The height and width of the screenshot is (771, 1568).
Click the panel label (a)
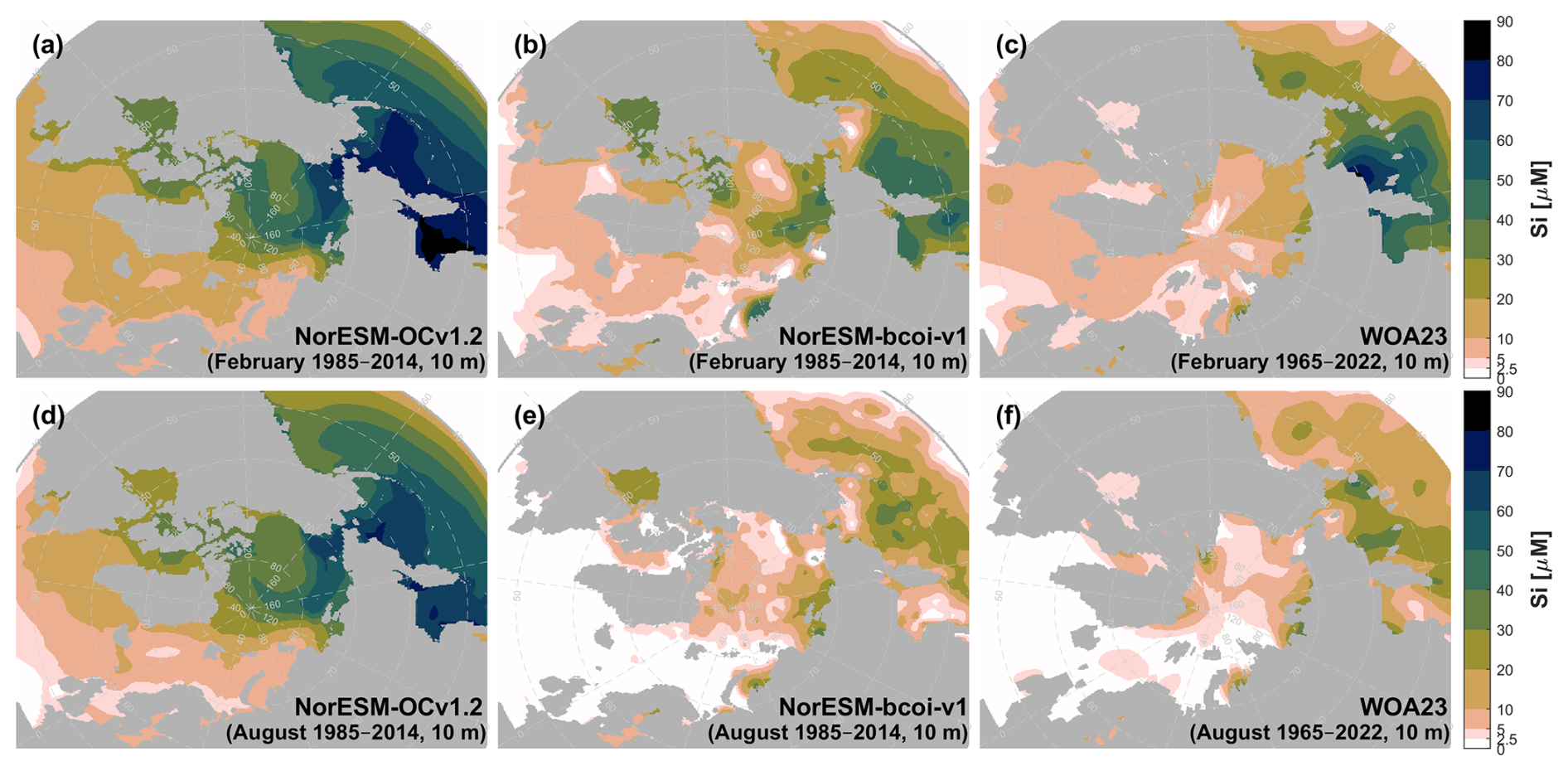tap(47, 46)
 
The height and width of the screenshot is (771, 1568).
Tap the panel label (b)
tap(530, 46)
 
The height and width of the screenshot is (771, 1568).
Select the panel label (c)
tap(1011, 46)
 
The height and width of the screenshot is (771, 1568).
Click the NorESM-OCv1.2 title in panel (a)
tap(389, 337)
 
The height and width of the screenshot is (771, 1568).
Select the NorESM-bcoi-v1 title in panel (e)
tap(873, 707)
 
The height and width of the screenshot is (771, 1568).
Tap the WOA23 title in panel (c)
tap(1403, 337)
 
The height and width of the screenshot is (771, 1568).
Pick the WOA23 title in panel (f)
tap(1403, 707)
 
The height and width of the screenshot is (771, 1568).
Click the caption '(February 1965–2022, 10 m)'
tap(1309, 362)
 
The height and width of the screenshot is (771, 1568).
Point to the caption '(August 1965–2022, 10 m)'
tap(1319, 733)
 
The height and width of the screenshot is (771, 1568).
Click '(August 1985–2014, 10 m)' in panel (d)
tap(356, 733)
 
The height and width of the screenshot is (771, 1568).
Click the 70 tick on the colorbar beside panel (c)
tap(1504, 101)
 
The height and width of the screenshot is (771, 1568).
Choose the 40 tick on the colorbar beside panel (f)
tap(1504, 591)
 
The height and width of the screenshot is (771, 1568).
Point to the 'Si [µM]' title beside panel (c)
tap(1540, 199)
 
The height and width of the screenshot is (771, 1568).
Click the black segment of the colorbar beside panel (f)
tap(1477, 411)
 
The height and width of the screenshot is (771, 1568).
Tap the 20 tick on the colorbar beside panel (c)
tap(1504, 300)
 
